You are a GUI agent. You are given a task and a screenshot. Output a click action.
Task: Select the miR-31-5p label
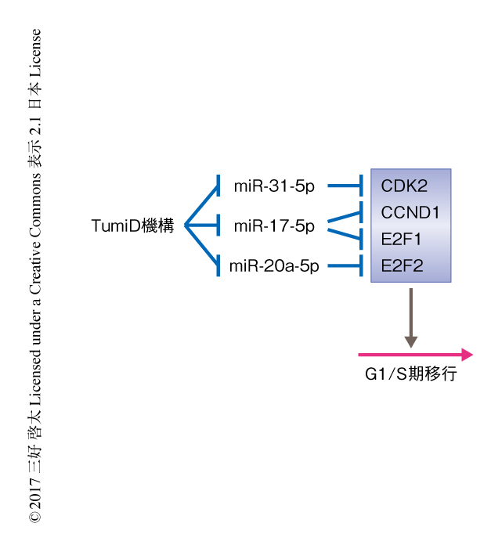(x=274, y=186)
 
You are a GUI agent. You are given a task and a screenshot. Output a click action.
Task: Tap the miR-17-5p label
(x=274, y=227)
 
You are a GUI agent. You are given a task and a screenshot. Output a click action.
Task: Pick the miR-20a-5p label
(x=274, y=266)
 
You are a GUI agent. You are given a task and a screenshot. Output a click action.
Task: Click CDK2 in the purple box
(x=404, y=186)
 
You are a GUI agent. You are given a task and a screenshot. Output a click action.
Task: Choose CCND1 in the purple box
(x=410, y=212)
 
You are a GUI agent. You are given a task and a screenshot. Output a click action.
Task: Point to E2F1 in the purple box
(x=402, y=239)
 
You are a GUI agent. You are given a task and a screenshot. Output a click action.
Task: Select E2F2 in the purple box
(x=402, y=265)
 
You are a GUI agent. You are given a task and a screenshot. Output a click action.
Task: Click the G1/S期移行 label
(x=411, y=374)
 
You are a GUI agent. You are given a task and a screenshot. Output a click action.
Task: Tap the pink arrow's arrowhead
(x=468, y=355)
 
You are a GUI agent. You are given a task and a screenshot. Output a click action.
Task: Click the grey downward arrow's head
(x=411, y=341)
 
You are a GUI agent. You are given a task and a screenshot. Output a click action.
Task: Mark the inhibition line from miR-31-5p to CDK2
(x=343, y=186)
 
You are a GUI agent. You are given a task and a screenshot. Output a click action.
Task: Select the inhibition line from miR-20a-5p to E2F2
(x=343, y=266)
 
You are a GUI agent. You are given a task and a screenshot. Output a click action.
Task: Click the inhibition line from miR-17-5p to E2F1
(x=343, y=234)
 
